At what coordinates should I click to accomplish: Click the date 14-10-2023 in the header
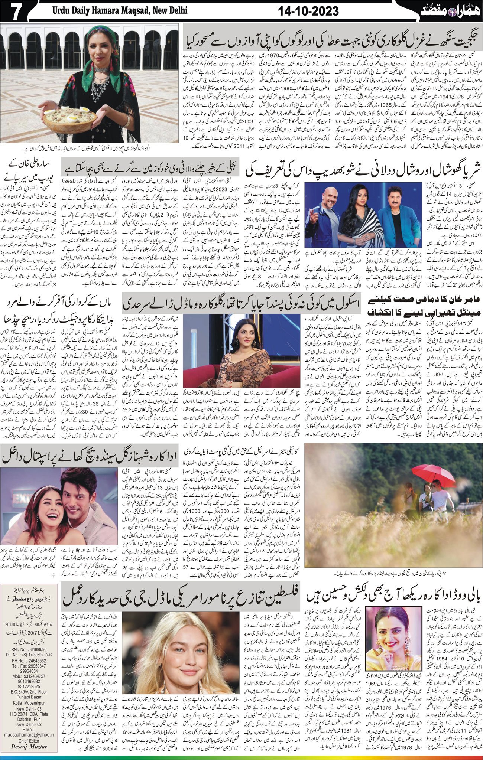(x=308, y=12)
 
